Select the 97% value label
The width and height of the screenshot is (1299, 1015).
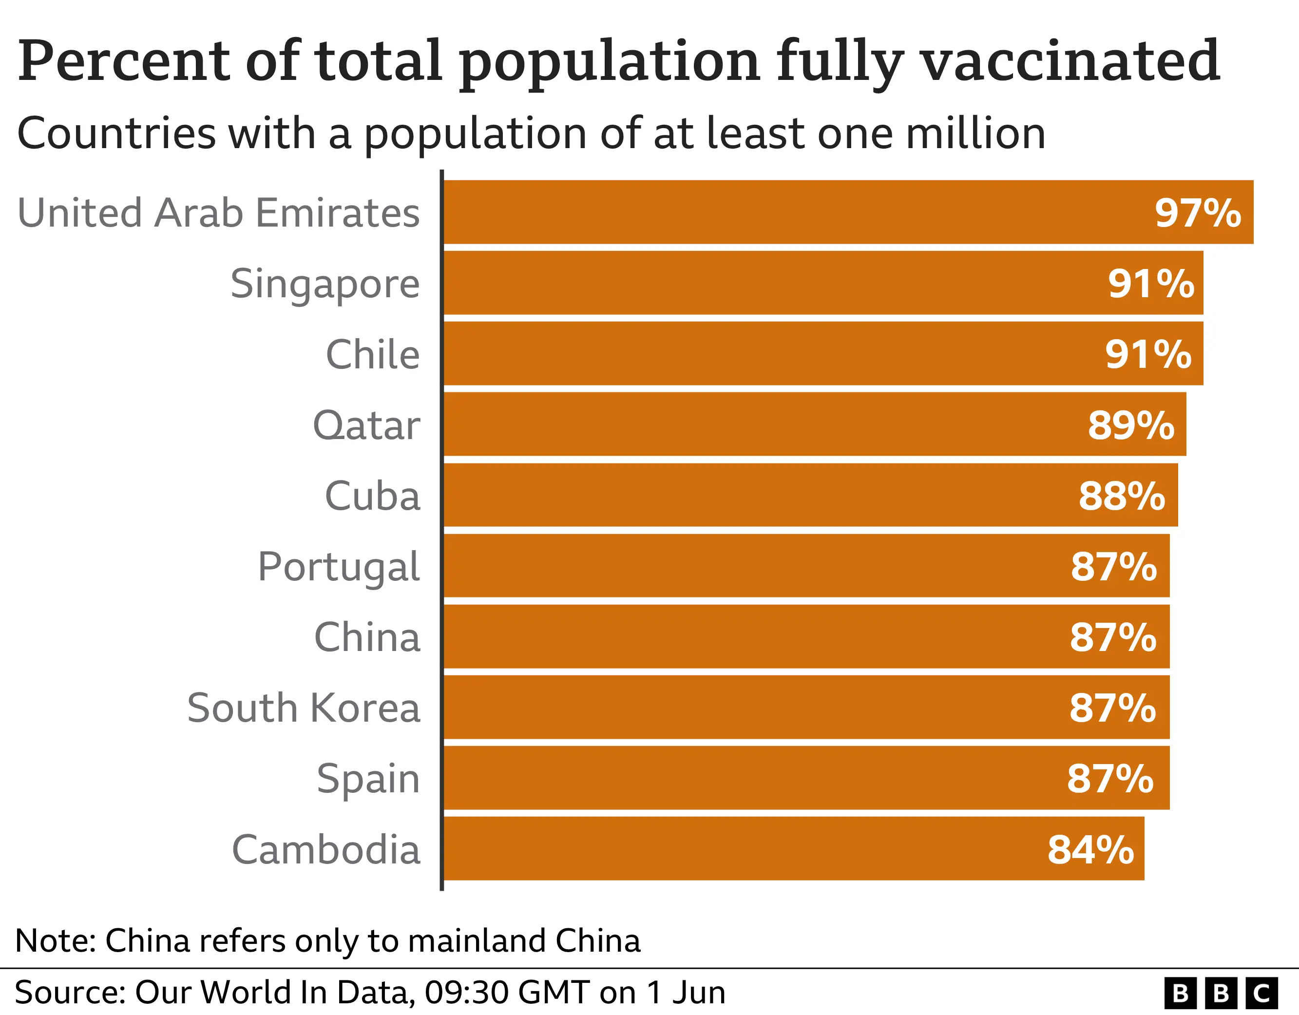coord(1197,213)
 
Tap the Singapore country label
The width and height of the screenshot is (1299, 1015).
coord(325,284)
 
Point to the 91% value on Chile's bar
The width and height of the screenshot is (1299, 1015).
coord(1148,355)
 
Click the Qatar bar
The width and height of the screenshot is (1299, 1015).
coord(773,424)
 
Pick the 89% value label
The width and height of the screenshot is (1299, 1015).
coord(1131,425)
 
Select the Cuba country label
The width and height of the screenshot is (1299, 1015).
coord(372,496)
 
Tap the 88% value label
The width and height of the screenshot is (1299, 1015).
coord(1122,496)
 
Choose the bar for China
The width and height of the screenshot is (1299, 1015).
coord(773,636)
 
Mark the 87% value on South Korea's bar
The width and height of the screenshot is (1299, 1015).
coord(1112,708)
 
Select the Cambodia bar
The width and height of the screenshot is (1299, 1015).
coord(773,848)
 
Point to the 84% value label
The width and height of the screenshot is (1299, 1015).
coord(1090,850)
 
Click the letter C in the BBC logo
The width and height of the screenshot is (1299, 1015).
coord(1261,993)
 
